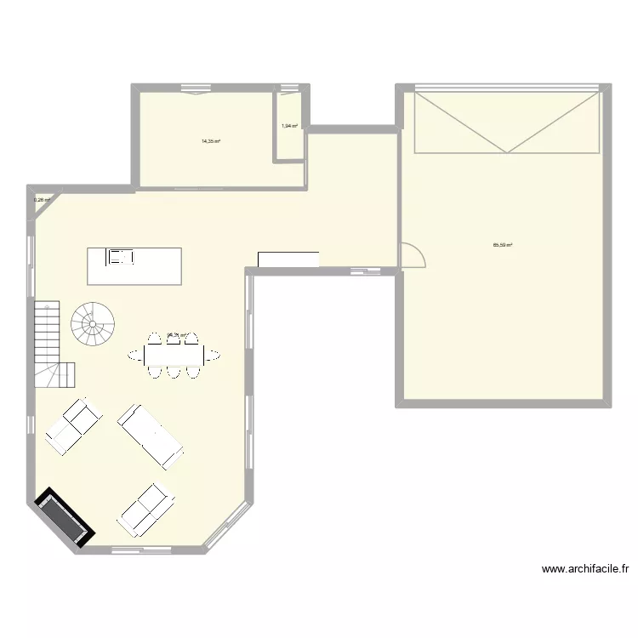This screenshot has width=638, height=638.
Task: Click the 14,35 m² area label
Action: click(211, 141)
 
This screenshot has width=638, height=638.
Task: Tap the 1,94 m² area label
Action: click(289, 126)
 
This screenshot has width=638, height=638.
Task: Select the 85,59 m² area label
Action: click(502, 245)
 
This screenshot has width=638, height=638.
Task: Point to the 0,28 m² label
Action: click(41, 201)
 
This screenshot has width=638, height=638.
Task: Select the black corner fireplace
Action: click(62, 517)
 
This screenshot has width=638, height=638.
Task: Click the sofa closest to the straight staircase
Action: click(73, 425)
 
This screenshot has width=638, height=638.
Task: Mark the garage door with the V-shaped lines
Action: click(507, 122)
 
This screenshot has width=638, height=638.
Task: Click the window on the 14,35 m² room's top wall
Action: click(197, 88)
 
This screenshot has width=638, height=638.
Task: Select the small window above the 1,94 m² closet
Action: click(290, 88)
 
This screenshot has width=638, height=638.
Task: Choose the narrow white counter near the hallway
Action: click(288, 259)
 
